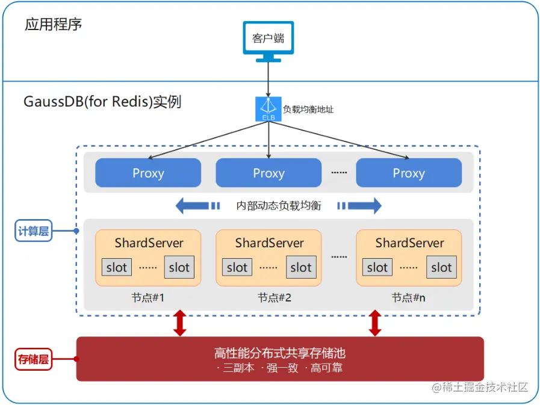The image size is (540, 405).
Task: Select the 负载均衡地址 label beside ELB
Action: pos(308,110)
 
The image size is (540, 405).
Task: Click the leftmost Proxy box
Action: pos(148,173)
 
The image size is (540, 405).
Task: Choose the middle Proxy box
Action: pos(268,173)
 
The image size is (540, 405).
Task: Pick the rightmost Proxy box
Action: pos(409,173)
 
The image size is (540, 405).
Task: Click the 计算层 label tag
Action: pos(33,231)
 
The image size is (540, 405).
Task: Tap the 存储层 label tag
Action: pos(33,360)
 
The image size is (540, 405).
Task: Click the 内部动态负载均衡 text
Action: pos(279,206)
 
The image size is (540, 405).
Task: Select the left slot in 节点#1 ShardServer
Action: pos(117,268)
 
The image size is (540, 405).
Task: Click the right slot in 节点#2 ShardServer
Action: pos(301,268)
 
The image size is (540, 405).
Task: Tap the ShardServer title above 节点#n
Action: pos(409,243)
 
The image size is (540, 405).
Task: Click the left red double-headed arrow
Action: pos(179,323)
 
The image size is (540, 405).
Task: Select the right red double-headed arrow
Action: pos(375,323)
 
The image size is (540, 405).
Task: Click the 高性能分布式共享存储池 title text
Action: pos(279,353)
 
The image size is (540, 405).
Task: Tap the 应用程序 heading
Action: pos(54,25)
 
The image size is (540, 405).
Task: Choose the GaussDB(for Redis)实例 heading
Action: pos(102,101)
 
